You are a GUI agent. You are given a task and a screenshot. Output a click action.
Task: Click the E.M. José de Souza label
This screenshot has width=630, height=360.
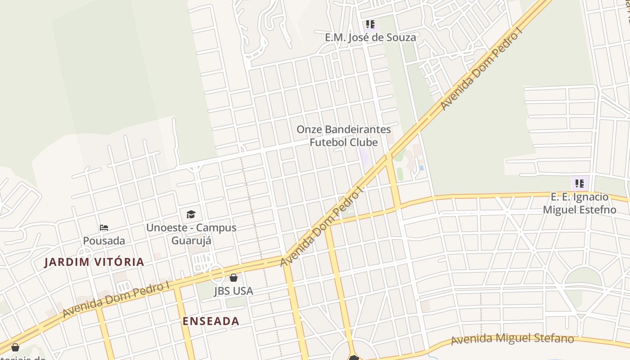tap(370, 37)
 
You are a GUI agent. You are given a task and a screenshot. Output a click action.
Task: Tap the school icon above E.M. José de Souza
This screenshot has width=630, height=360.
tap(370, 24)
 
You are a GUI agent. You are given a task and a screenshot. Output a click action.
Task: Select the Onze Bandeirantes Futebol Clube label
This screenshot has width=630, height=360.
tap(343, 135)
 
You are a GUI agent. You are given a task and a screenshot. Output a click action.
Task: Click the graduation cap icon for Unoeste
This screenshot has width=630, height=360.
tap(191, 214)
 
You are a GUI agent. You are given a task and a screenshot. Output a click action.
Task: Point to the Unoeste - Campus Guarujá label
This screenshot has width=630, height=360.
tap(191, 234)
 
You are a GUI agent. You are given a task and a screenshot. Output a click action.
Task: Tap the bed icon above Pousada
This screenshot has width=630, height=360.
tap(104, 228)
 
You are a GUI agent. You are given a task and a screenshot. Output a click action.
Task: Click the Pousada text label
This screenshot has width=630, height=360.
tap(104, 241)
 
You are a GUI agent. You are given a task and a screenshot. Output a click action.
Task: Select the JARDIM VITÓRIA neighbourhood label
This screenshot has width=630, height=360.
tap(94, 262)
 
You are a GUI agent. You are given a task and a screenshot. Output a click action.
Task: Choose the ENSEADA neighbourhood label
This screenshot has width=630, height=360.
tap(211, 321)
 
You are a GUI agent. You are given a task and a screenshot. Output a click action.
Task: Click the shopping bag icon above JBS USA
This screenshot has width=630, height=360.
tap(233, 278)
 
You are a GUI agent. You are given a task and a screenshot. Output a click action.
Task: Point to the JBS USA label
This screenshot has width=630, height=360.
tap(233, 291)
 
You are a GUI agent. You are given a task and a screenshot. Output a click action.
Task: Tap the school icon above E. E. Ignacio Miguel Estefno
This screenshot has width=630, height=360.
tap(580, 183)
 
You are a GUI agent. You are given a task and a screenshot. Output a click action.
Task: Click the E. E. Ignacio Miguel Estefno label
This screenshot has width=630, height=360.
tap(580, 203)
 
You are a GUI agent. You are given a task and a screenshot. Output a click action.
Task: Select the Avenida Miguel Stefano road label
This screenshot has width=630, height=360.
tap(513, 339)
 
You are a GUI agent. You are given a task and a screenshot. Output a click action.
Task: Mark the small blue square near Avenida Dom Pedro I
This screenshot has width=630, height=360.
tap(421, 168)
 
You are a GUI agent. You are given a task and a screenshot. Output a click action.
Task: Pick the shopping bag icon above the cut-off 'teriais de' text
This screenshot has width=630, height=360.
tap(15, 347)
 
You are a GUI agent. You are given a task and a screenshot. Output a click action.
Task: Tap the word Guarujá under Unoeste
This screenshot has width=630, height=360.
tap(191, 240)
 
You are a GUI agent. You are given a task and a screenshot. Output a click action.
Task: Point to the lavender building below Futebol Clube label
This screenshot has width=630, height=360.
tap(364, 157)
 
